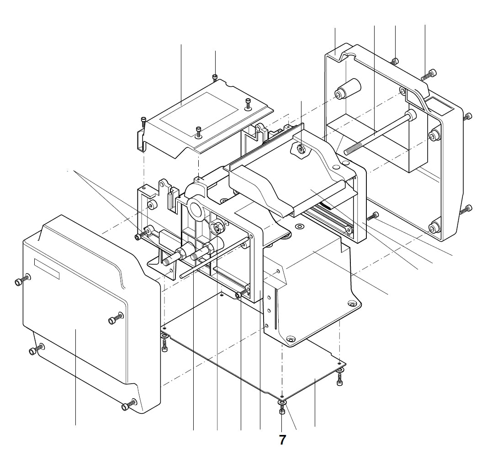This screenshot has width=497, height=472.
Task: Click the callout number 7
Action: pyautogui.click(x=282, y=440)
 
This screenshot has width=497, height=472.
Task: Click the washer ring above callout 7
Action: pyautogui.click(x=282, y=402)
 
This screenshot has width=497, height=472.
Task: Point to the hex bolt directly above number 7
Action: pyautogui.click(x=282, y=411)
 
